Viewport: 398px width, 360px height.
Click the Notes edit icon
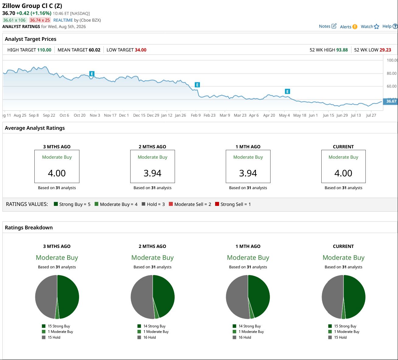(x=334, y=26)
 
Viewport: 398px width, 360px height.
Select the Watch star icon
(x=376, y=26)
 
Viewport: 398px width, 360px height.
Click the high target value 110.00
(x=44, y=50)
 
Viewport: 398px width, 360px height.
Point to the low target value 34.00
(x=141, y=50)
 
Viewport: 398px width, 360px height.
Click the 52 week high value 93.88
(x=342, y=50)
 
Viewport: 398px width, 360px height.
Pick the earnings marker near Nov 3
(x=92, y=74)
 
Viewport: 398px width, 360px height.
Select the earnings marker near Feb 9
(x=197, y=85)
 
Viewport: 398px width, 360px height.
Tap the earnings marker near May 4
(x=287, y=91)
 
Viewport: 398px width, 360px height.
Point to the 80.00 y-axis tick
(x=391, y=73)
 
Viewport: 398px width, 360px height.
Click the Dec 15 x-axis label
(x=139, y=115)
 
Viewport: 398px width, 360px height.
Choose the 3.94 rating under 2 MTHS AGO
(x=152, y=173)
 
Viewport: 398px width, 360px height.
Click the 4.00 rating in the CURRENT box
(x=343, y=173)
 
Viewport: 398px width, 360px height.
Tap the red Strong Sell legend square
(x=217, y=204)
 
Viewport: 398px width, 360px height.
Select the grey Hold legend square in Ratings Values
(x=143, y=204)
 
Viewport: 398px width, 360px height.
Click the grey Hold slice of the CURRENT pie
(x=331, y=296)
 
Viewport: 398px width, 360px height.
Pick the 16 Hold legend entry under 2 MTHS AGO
(x=147, y=337)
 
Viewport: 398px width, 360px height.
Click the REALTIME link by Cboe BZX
(x=63, y=20)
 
